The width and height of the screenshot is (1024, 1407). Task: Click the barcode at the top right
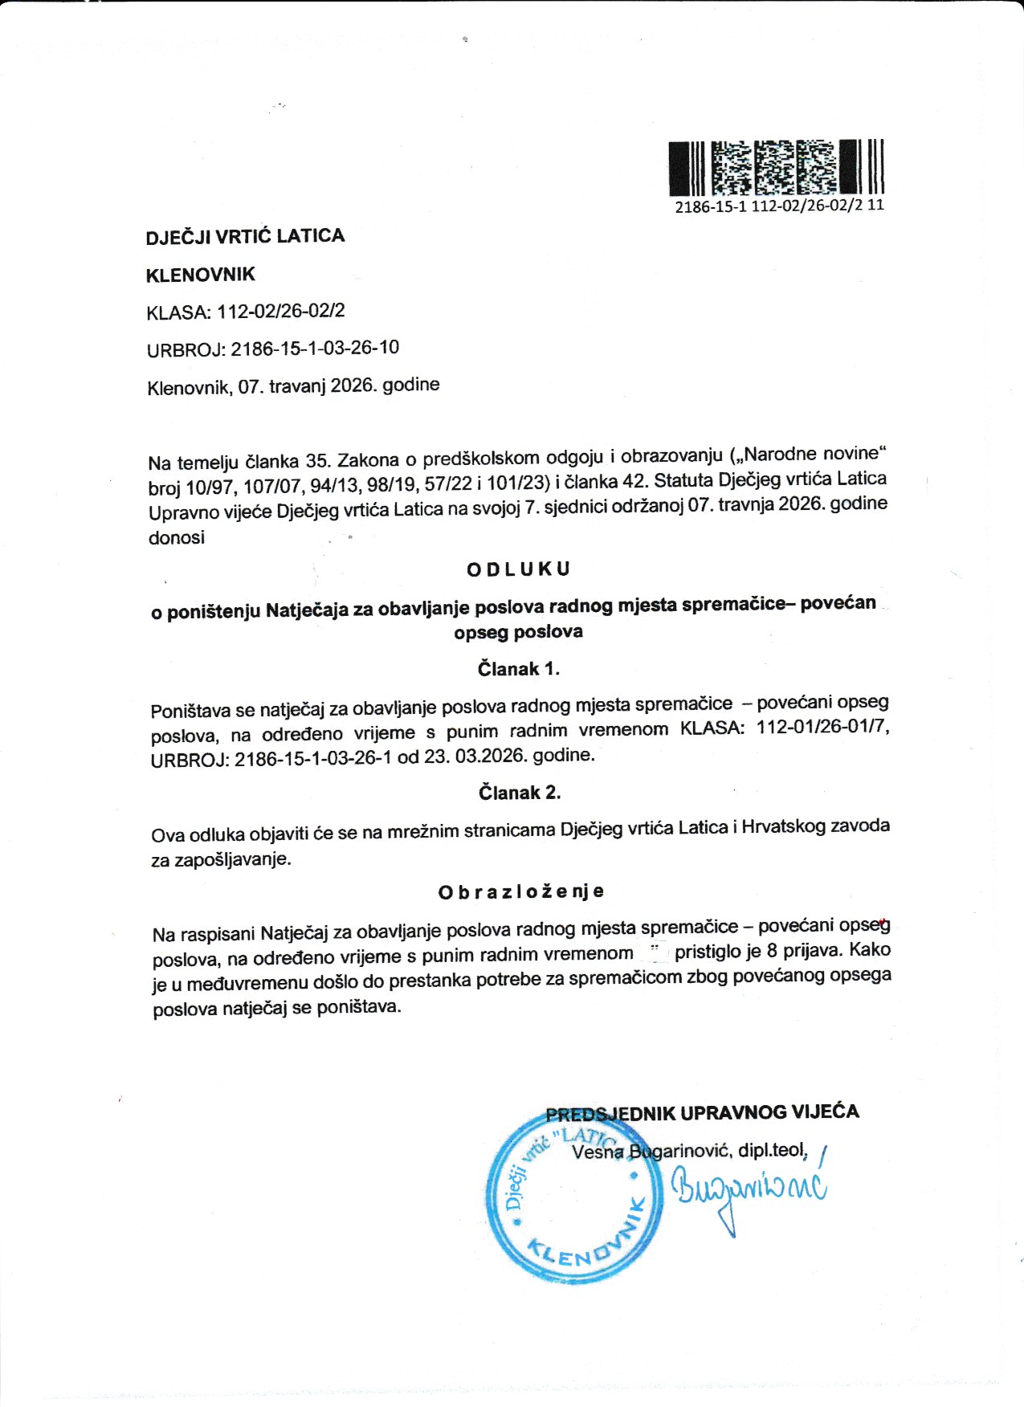(x=776, y=167)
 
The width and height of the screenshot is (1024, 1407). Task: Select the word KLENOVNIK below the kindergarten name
(x=200, y=275)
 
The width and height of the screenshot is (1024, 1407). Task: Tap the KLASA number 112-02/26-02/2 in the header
(x=280, y=311)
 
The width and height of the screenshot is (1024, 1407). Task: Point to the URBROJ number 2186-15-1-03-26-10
(x=315, y=349)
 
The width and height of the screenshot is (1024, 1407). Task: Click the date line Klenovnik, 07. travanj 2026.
(x=293, y=386)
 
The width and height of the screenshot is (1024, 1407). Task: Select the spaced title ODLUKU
(x=518, y=569)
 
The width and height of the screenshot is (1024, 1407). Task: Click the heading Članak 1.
(x=518, y=669)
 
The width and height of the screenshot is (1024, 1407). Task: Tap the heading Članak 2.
(x=520, y=793)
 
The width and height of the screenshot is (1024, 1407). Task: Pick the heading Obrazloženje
(x=521, y=891)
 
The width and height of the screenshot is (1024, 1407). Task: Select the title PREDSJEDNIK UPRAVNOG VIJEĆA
(x=702, y=1113)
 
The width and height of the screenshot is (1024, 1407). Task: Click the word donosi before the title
(x=177, y=538)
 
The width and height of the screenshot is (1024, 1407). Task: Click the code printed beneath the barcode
(x=779, y=206)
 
